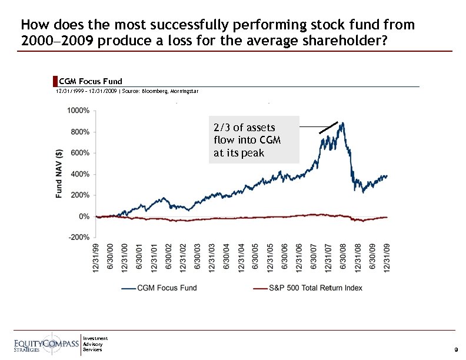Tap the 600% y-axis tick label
coord(79,153)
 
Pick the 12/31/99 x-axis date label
coord(95,258)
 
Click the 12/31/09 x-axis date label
coord(387,258)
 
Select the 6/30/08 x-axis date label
coord(343,258)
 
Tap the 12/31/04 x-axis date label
coord(241,258)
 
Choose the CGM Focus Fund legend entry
coord(159,288)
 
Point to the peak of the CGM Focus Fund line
coord(343,123)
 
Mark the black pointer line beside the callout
coord(328,128)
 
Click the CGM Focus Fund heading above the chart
coord(91,81)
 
